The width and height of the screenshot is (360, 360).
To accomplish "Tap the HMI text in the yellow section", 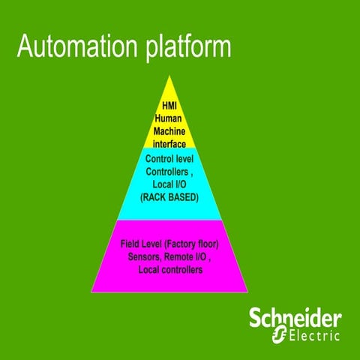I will coord(169,106).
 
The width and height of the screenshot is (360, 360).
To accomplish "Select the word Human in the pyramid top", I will coord(169,118).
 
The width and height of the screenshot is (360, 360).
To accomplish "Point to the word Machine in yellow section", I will coord(169,130).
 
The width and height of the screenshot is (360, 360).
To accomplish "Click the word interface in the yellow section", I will coord(169,142).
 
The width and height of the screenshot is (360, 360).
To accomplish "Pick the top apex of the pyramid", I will coord(169,76).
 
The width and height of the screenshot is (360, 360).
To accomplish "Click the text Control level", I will coord(169,160).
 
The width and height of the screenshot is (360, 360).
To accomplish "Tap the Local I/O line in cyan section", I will coord(169,185).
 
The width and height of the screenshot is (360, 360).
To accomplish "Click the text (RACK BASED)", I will coord(169,198).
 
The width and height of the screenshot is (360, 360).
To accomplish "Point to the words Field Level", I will coord(139,244).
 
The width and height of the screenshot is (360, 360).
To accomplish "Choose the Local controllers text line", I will coord(170,270).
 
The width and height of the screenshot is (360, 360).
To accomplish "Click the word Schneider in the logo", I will coord(295,317).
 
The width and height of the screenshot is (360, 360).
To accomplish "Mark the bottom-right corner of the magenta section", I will coord(247,291).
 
